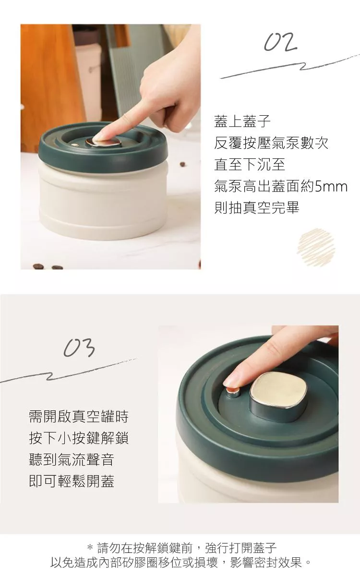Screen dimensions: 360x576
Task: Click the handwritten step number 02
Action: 280,42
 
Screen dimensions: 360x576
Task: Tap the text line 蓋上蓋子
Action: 242,121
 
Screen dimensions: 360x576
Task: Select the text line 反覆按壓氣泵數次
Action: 271,143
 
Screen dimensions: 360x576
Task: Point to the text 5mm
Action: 331,186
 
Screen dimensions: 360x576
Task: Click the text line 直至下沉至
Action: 250,165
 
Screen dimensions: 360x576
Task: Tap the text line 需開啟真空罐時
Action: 79,416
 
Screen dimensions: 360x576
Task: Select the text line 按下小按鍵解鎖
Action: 79,438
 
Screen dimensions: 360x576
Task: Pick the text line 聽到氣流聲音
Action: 72,460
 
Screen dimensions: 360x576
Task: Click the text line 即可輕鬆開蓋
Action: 72,481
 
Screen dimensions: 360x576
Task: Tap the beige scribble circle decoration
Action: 316,247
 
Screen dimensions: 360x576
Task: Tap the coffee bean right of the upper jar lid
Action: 182,164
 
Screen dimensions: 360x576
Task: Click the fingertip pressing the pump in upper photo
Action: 99,138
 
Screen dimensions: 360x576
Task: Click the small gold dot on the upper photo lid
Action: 74,145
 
